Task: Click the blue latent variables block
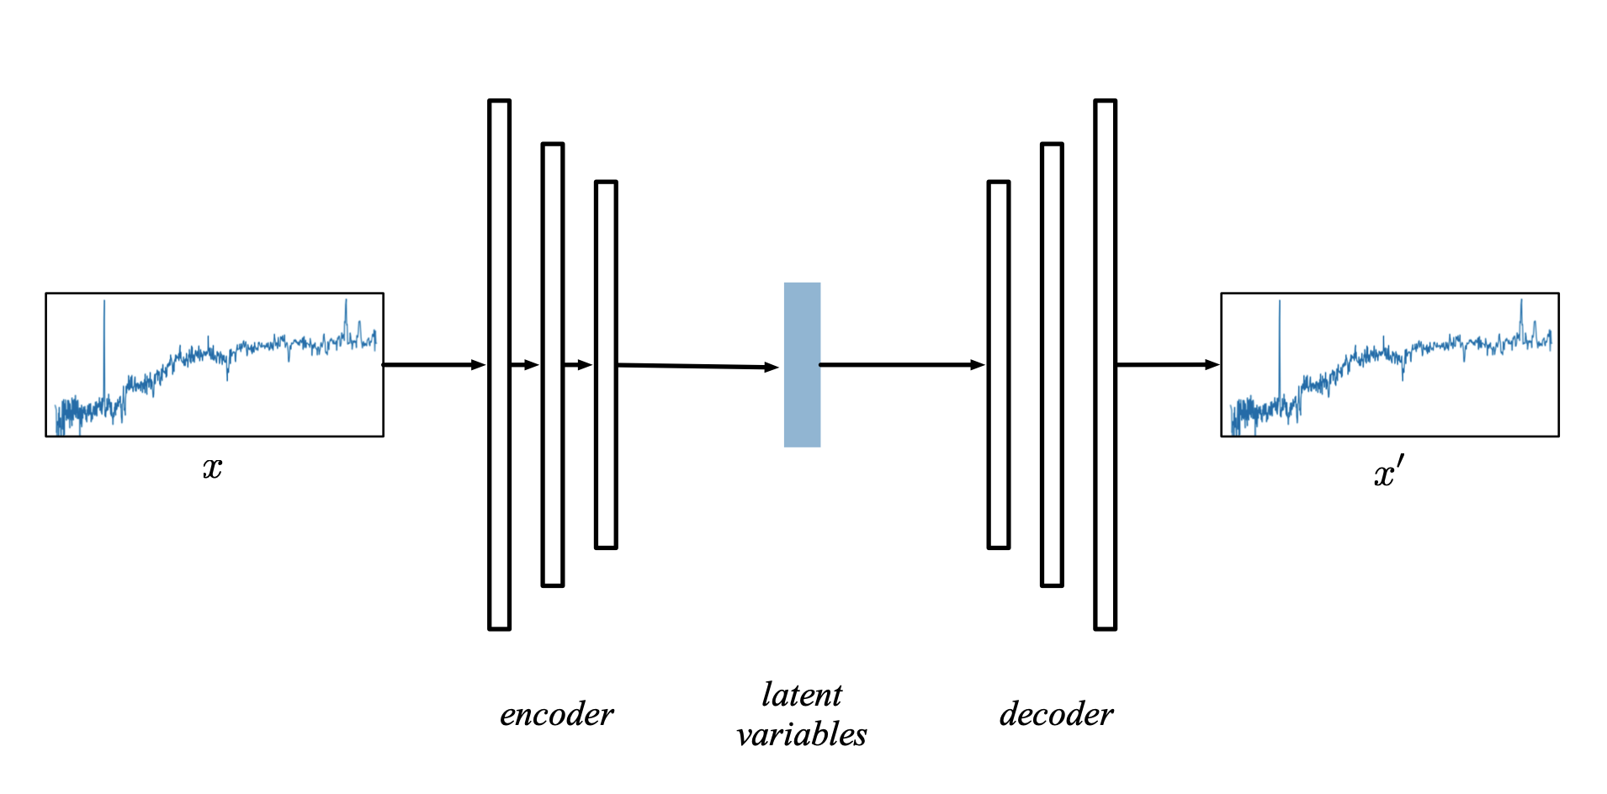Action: (x=802, y=364)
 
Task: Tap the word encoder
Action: (x=556, y=715)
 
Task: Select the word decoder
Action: (x=1056, y=715)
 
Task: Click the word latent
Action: (x=801, y=696)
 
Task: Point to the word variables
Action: (x=801, y=735)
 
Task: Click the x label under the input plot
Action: (x=212, y=468)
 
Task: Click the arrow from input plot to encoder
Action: (x=433, y=365)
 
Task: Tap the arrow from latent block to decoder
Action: (x=900, y=365)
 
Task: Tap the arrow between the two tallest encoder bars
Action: (x=525, y=365)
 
